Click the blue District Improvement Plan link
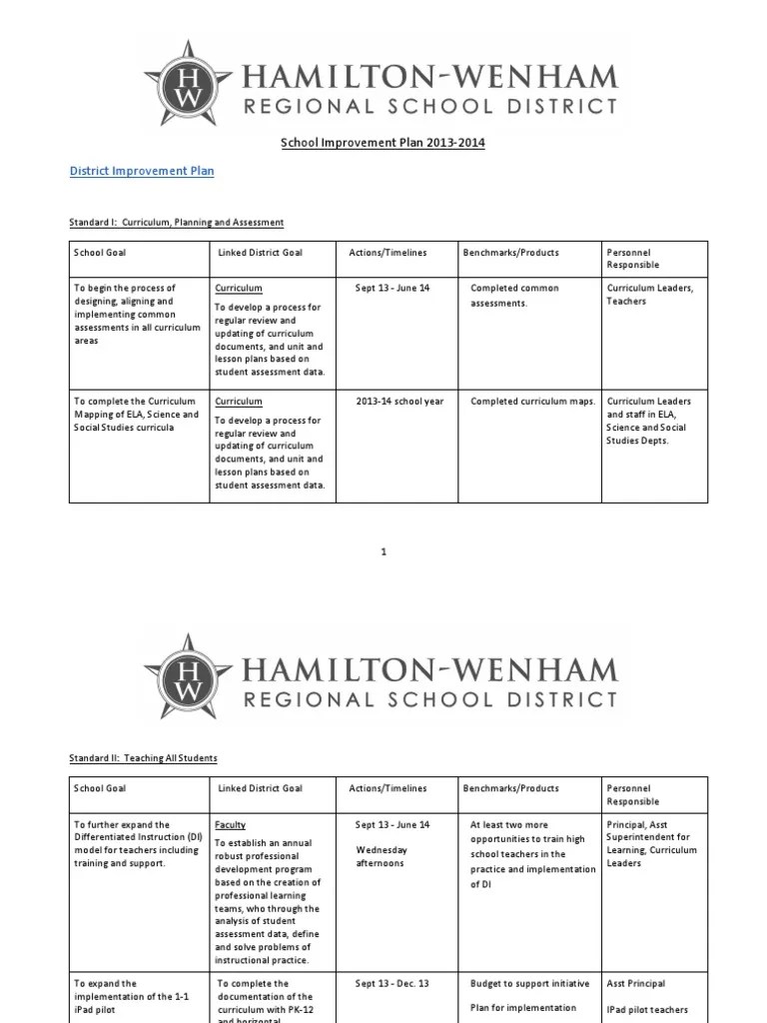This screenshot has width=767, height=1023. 141,171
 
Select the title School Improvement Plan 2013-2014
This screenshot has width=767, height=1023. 383,143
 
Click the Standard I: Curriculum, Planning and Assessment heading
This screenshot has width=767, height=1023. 177,222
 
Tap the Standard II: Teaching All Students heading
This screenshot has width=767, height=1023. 144,758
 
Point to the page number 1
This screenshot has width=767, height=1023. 383,551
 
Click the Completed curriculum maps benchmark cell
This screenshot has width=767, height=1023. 532,402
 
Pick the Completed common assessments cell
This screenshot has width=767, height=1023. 514,295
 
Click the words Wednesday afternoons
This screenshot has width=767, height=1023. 380,856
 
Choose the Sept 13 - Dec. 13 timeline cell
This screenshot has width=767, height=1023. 392,984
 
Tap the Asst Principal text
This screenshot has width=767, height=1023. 636,984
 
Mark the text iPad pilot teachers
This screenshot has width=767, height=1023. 647,1010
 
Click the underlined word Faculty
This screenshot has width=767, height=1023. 231,825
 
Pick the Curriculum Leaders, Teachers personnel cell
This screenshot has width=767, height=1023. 649,295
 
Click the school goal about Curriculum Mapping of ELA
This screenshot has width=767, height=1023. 137,415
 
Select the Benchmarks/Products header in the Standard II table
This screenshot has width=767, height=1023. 510,788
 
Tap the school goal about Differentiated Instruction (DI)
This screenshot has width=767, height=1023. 136,843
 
